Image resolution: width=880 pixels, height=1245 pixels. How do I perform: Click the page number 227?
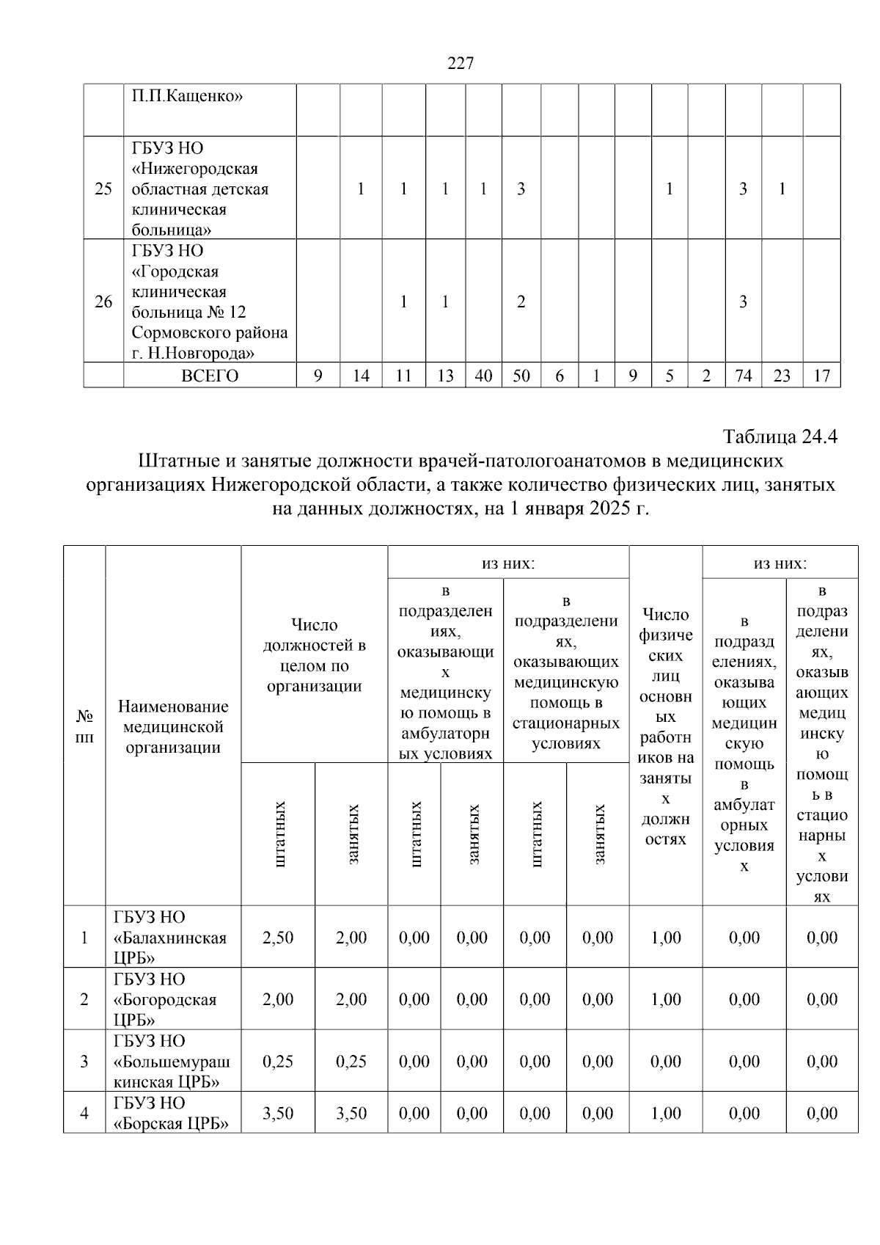point(461,63)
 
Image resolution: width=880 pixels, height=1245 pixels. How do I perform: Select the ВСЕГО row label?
point(210,376)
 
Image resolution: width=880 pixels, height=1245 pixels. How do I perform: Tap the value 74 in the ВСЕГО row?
point(743,376)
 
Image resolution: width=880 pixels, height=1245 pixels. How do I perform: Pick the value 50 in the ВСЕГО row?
point(521,376)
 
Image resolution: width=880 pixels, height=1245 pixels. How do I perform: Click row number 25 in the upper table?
point(103,189)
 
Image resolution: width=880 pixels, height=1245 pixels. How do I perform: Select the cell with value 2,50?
point(278,937)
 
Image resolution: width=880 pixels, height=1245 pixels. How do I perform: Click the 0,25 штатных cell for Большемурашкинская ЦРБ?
point(278,1061)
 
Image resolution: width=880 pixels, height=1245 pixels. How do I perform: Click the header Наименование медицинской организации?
point(173,726)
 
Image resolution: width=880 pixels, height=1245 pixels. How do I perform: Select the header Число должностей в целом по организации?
point(314,655)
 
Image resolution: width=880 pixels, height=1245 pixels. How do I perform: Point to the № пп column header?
point(84,726)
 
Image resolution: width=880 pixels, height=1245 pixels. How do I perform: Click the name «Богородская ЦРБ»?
point(165,999)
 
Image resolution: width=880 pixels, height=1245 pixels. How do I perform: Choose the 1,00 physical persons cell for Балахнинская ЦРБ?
point(665,937)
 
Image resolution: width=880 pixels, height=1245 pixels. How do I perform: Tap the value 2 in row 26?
point(521,302)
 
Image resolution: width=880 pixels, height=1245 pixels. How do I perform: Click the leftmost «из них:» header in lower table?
point(507,563)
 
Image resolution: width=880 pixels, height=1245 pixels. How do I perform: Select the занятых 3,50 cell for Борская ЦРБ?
point(351,1113)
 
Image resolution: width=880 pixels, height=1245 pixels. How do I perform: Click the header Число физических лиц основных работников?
point(665,726)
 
